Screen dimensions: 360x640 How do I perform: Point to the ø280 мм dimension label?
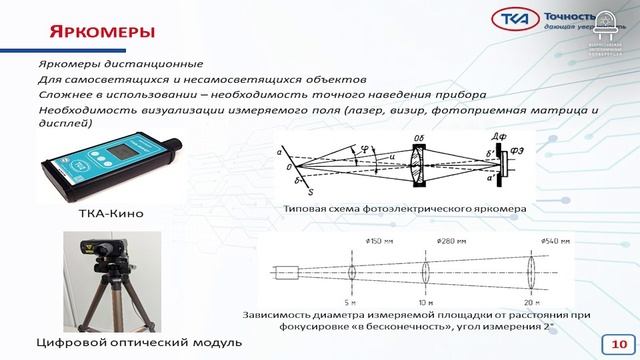(x=424, y=241)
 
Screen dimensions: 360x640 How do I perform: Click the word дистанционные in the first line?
(x=152, y=65)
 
